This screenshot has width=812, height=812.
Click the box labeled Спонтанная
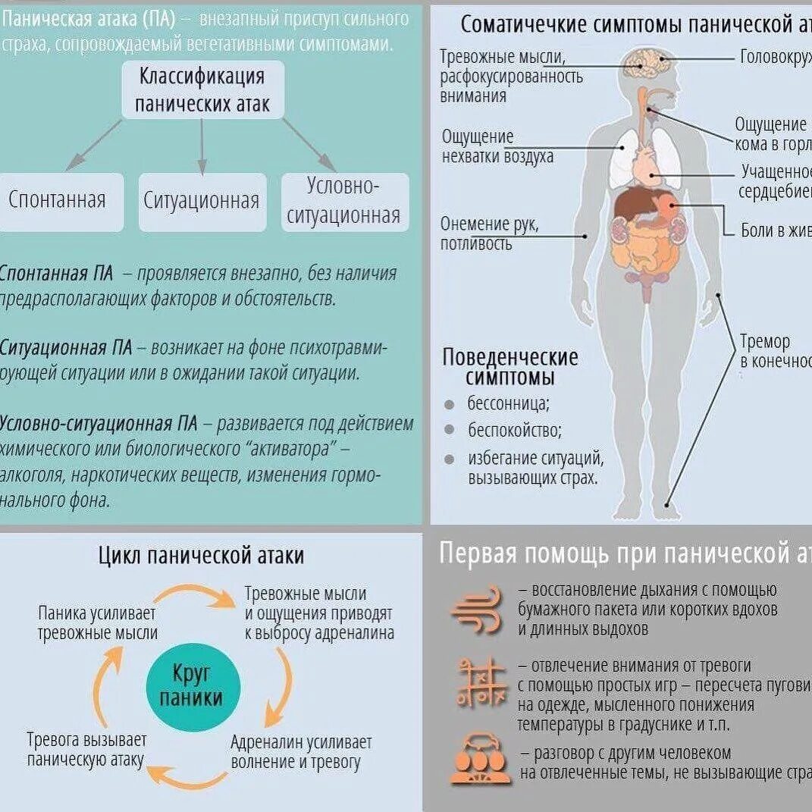58,201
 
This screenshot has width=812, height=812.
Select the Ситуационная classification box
202,202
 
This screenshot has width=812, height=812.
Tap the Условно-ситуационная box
344,202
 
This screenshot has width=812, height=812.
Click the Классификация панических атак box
202,89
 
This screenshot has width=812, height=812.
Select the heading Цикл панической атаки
201,556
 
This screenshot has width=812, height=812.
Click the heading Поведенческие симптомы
509,367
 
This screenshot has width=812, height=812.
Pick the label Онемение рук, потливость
489,234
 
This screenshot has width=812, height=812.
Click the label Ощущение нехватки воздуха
497,146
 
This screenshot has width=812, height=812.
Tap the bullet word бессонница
508,403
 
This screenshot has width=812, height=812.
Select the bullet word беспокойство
514,431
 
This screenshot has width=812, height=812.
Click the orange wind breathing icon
477,610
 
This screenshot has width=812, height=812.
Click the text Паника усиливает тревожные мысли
98,623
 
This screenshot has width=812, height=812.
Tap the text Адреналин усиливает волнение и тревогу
301,752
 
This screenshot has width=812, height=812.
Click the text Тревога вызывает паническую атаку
86,749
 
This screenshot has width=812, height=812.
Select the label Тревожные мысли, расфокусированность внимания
510,77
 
